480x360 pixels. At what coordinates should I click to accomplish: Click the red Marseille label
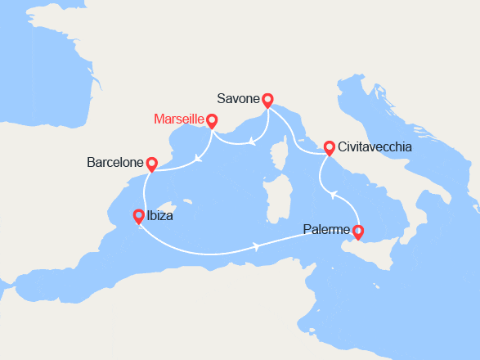pos(179,120)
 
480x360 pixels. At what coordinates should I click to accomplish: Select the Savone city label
pos(238,99)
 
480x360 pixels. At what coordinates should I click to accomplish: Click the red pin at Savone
pos(267,101)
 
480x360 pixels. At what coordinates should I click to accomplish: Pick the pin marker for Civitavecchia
pos(329,148)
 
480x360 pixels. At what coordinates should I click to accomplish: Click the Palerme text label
pos(326,230)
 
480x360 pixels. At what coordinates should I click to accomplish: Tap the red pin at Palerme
pos(357,233)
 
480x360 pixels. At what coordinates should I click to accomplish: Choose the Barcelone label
pos(115,163)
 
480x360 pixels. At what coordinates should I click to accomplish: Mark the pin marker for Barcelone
pos(151,164)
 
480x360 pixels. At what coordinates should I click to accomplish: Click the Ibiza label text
pos(161,218)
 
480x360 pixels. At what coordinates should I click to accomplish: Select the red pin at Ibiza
pos(138,217)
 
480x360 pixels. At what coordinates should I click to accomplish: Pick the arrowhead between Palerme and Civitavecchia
pos(331,194)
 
